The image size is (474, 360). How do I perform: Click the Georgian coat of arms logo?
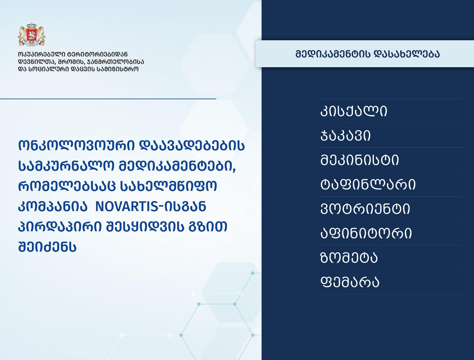click(31, 35)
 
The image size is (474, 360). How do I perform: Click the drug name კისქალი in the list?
click(354, 111)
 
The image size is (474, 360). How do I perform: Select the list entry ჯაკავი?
click(345, 136)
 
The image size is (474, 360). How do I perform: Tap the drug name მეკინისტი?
click(360, 160)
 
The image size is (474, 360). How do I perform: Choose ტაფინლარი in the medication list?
click(368, 184)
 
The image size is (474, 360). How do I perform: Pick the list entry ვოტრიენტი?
click(365, 209)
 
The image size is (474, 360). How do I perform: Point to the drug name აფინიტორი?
click(366, 233)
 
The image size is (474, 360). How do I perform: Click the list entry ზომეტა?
click(349, 258)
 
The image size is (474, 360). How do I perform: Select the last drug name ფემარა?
click(350, 282)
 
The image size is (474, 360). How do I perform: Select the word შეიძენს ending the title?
click(47, 247)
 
